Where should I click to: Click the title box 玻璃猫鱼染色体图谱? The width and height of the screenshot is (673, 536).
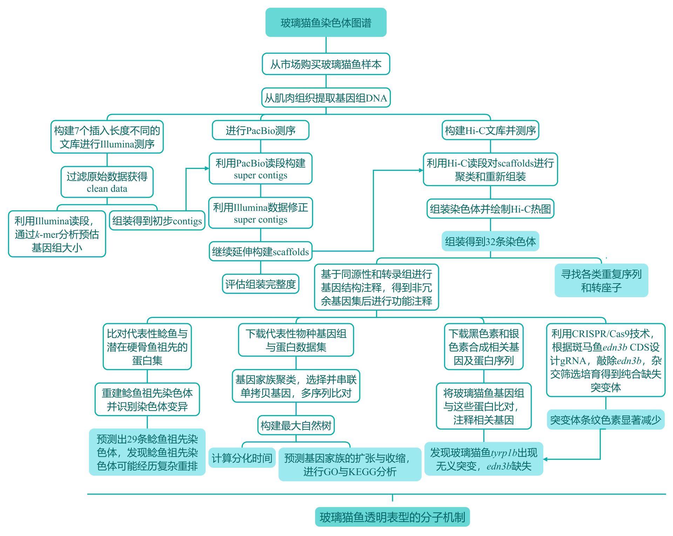click(x=326, y=23)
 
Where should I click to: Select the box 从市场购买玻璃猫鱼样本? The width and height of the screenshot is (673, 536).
click(x=326, y=64)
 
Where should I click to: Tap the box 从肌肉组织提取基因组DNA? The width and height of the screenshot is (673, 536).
click(x=326, y=98)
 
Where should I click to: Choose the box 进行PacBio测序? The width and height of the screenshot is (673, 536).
click(x=260, y=130)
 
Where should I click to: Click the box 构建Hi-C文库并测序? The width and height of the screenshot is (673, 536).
click(x=490, y=130)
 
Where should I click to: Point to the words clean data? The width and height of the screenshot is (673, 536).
click(x=107, y=189)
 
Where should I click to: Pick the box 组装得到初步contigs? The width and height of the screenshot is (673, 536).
click(x=157, y=220)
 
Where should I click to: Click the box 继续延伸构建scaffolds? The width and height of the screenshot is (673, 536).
click(x=260, y=251)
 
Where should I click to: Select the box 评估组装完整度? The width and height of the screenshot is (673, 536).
click(x=260, y=284)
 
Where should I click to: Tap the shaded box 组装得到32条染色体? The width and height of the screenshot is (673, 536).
click(x=490, y=241)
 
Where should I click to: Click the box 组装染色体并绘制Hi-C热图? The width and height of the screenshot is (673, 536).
click(x=490, y=209)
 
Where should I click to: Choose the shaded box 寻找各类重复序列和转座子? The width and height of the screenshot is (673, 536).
click(x=601, y=280)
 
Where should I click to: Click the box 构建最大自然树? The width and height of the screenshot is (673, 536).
click(x=296, y=425)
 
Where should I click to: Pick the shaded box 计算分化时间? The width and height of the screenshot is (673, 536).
click(x=242, y=458)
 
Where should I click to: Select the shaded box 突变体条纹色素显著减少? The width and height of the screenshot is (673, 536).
click(x=605, y=420)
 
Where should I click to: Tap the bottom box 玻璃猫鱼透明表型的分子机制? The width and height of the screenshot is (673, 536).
click(x=392, y=517)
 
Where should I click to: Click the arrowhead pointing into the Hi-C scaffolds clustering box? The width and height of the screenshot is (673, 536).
click(x=421, y=170)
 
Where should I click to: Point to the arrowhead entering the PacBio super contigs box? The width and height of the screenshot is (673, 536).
click(x=207, y=168)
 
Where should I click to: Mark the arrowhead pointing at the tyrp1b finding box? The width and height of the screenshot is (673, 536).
click(x=546, y=459)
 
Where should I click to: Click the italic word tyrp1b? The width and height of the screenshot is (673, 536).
click(x=504, y=453)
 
